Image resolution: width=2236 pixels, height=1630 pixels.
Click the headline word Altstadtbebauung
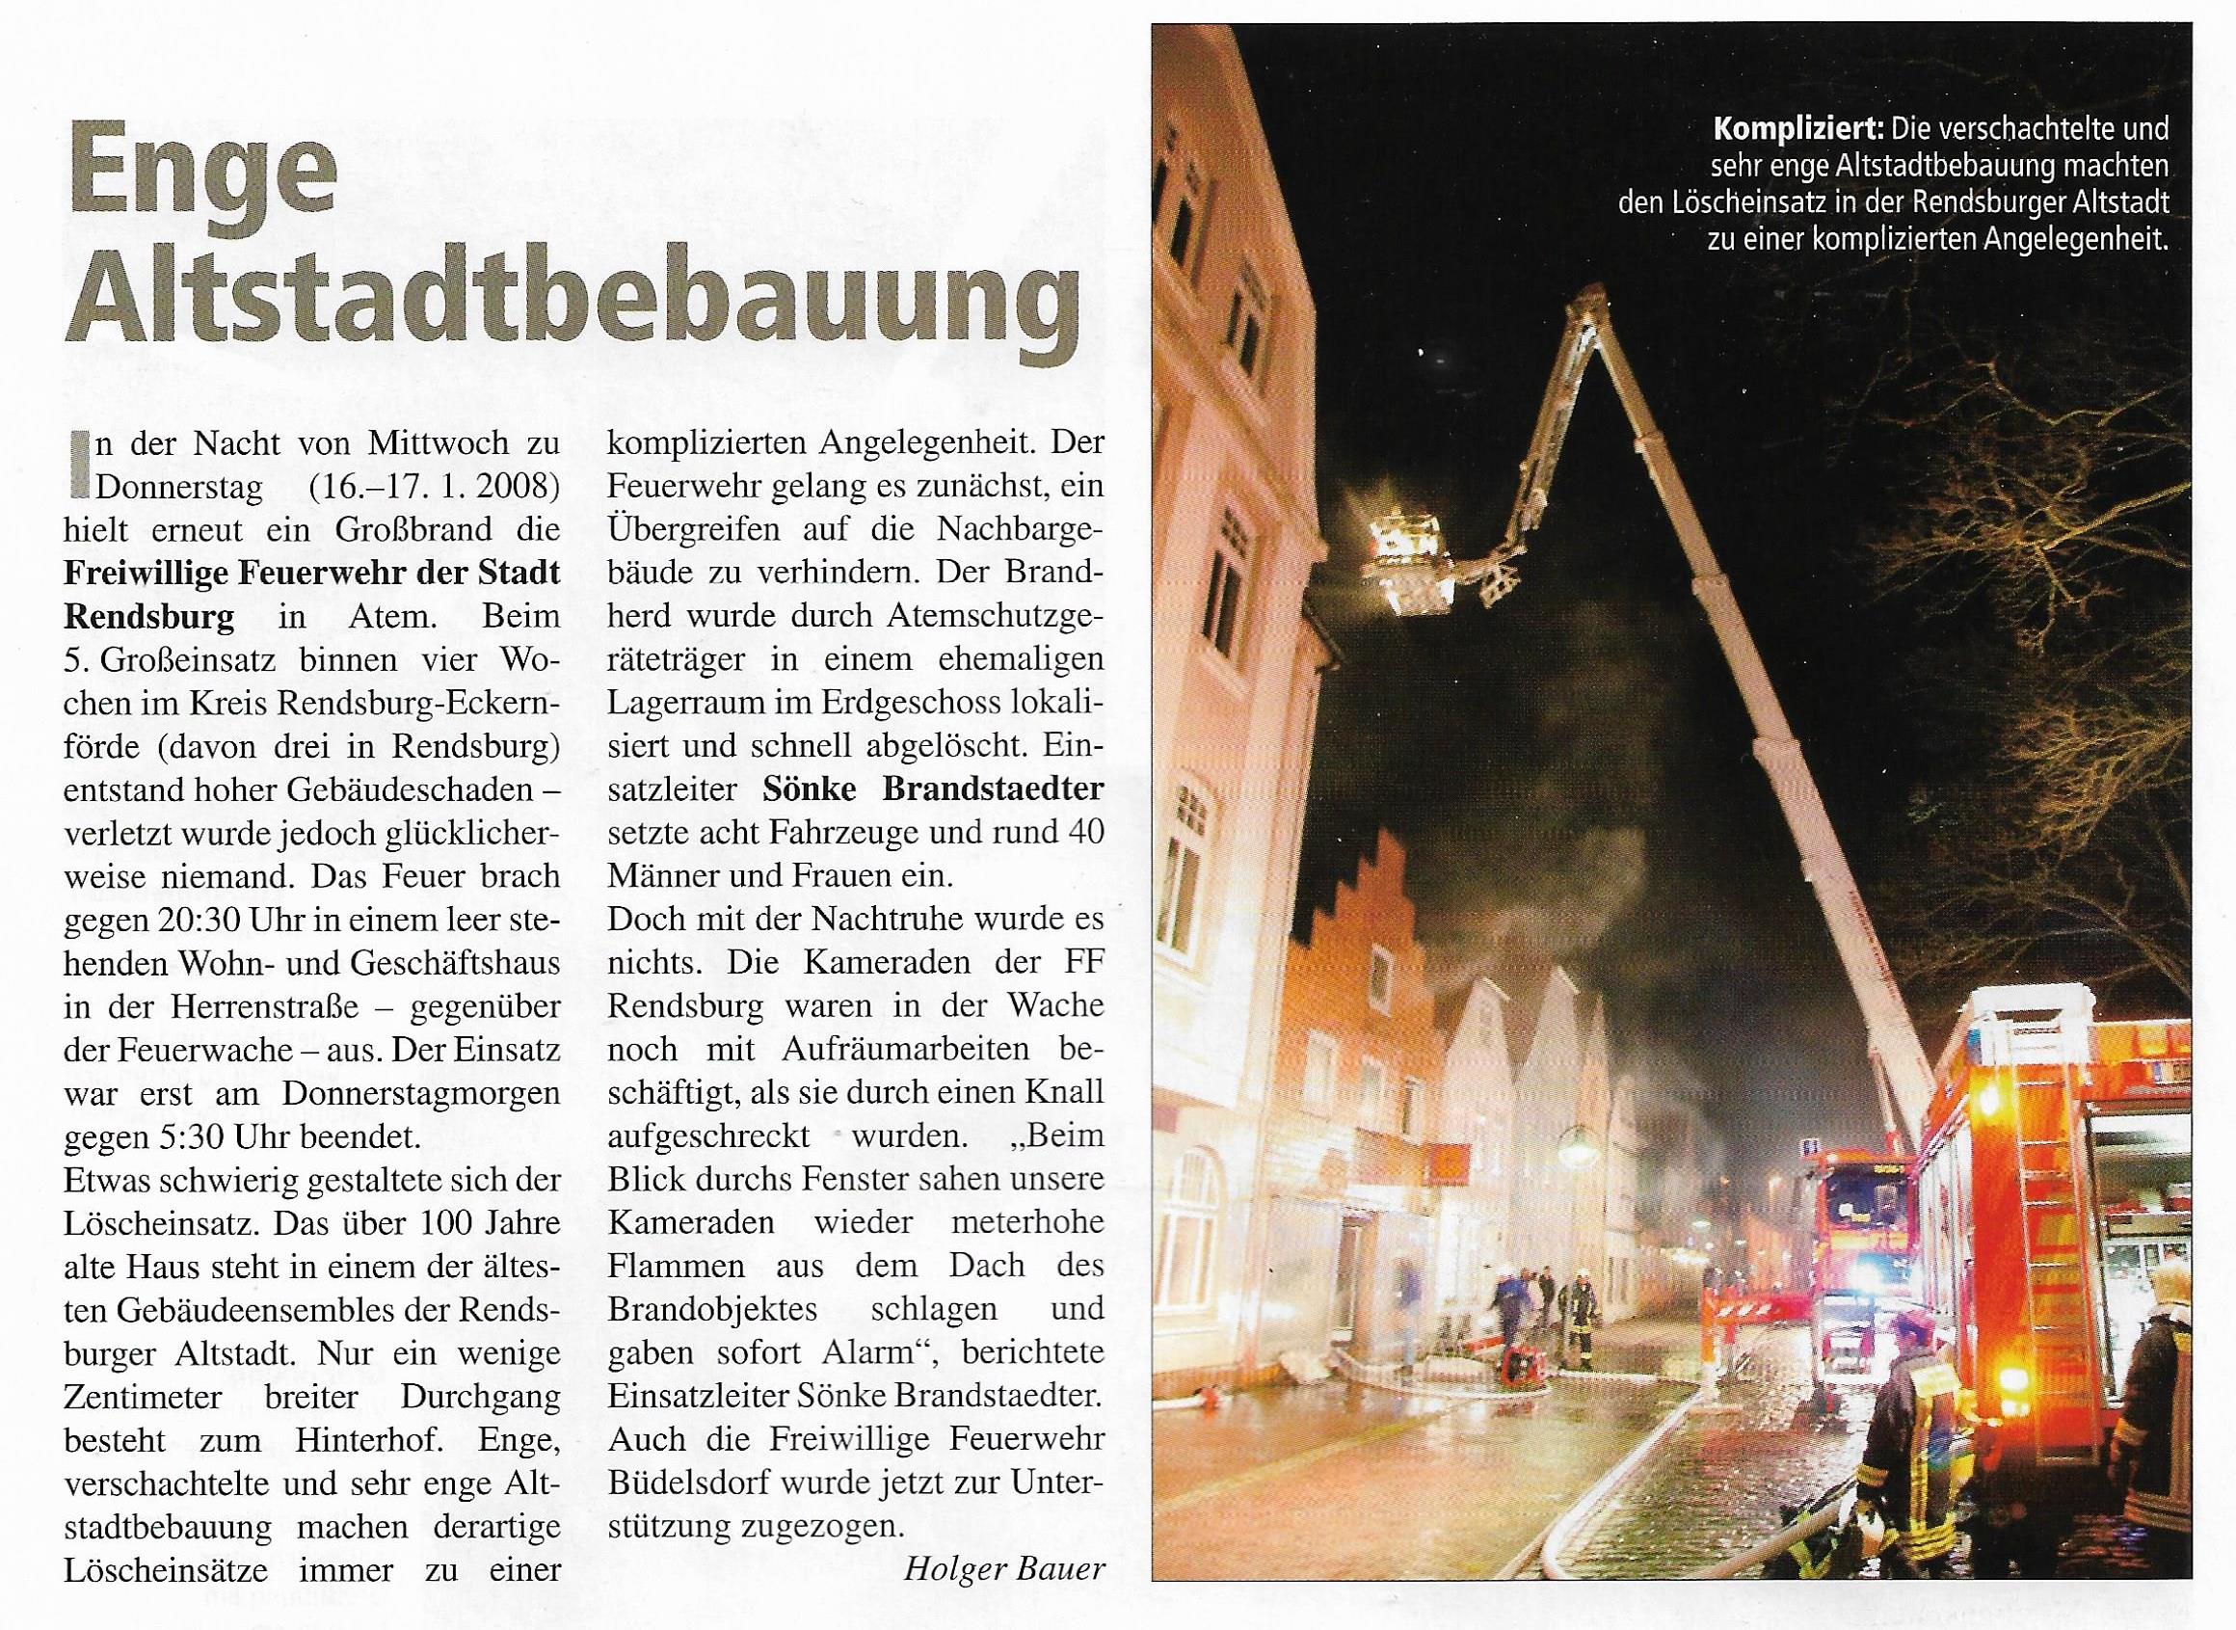572,299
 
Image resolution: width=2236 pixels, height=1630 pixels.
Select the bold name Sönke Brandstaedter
932,789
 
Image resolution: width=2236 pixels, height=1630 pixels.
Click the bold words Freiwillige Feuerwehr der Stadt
311,574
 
